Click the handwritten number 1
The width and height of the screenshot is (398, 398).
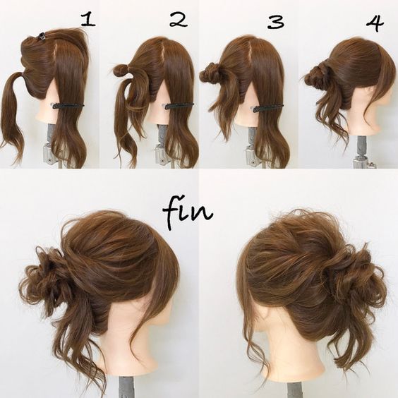[x=88, y=20]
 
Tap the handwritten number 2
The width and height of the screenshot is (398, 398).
[x=179, y=20]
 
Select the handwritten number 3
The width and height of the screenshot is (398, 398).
[x=275, y=21]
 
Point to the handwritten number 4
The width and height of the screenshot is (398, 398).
[x=375, y=22]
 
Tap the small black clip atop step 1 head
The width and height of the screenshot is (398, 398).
[x=41, y=36]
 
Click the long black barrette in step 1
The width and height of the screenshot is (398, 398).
[x=68, y=105]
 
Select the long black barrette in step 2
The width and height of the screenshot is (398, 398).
[x=179, y=105]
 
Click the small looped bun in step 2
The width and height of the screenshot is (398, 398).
[x=121, y=71]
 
